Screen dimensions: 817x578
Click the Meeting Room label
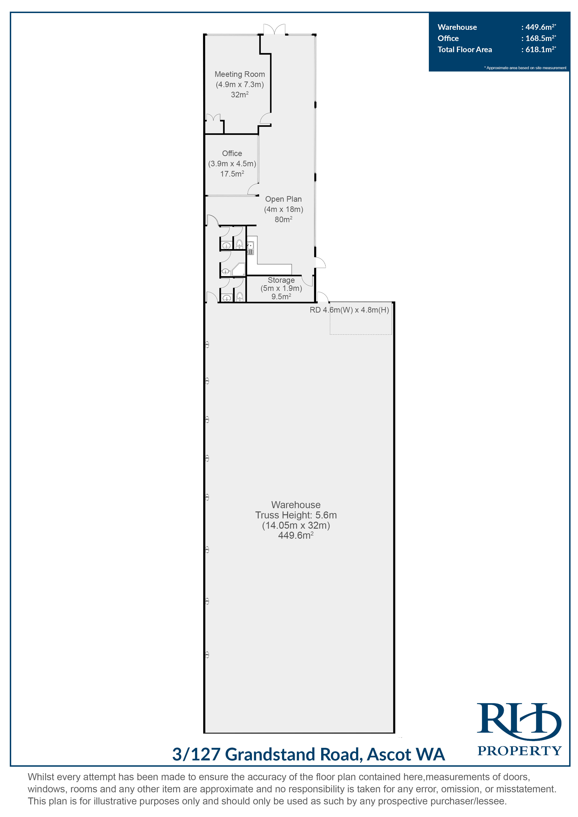(239, 74)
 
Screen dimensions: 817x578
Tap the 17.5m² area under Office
(232, 174)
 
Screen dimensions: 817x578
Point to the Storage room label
(281, 280)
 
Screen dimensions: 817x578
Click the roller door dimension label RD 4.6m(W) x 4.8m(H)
(349, 310)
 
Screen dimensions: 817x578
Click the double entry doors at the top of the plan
(274, 29)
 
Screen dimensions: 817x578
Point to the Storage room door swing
(308, 281)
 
